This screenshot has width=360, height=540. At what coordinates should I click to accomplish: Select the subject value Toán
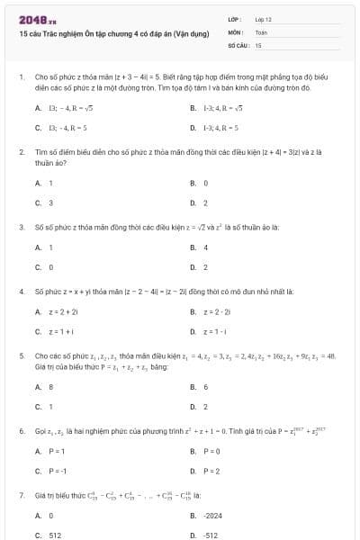261,31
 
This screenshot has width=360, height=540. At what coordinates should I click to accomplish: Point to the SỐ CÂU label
238,44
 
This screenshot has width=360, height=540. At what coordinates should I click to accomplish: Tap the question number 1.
20,78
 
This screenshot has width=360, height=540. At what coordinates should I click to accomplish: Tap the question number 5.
20,356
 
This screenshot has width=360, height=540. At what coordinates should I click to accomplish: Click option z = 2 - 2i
215,311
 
